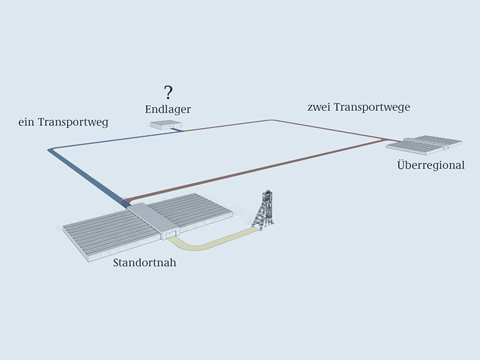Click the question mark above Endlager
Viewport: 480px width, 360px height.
pyautogui.click(x=168, y=92)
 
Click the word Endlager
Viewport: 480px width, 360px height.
pyautogui.click(x=168, y=109)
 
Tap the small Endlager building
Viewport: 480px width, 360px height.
pyautogui.click(x=166, y=125)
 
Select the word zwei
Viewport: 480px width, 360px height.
pyautogui.click(x=319, y=107)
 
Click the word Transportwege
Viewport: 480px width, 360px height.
pyautogui.click(x=371, y=108)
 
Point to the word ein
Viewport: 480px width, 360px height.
pyautogui.click(x=26, y=123)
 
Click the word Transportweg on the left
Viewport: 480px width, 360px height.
pyautogui.click(x=73, y=123)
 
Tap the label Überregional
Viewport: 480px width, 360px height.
pyautogui.click(x=431, y=165)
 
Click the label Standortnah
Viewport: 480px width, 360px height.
pyautogui.click(x=145, y=263)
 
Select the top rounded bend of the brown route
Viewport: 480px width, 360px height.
pyautogui.click(x=271, y=121)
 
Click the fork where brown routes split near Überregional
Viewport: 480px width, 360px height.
pyautogui.click(x=383, y=140)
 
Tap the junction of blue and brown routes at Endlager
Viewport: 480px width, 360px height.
pyautogui.click(x=183, y=131)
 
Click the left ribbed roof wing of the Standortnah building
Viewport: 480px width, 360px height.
pyautogui.click(x=110, y=233)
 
